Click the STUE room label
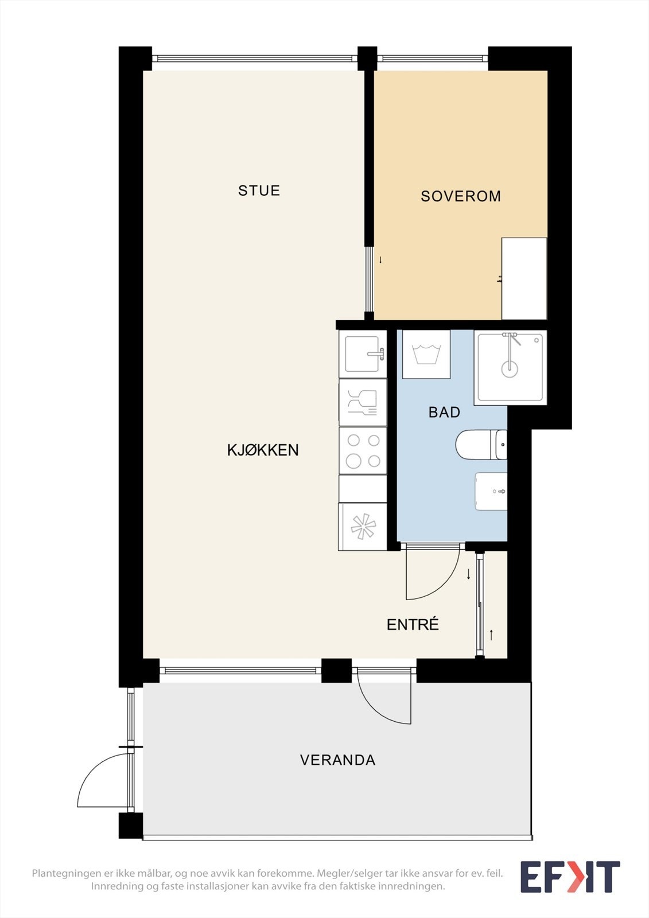point(259,190)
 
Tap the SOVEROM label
point(461,196)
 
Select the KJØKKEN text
point(263,450)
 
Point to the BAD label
point(444,412)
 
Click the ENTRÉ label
point(413,624)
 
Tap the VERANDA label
point(338,760)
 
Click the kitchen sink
point(363,354)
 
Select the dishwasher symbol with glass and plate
point(363,402)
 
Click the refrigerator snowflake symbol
point(363,527)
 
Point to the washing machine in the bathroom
point(426,354)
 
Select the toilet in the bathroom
point(481,445)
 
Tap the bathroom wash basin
point(491,491)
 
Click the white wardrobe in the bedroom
point(524,279)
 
